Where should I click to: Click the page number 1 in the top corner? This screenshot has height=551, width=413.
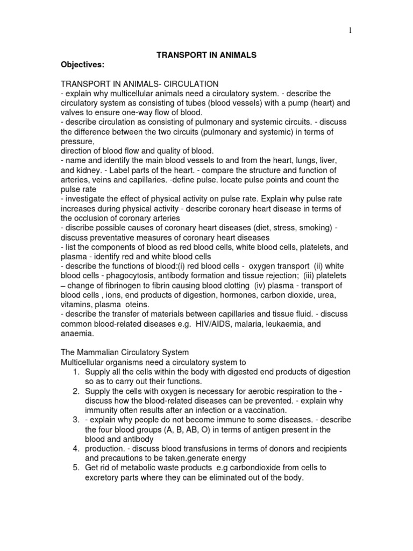tap(350, 31)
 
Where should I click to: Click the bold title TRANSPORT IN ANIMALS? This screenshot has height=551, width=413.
tap(199, 55)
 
